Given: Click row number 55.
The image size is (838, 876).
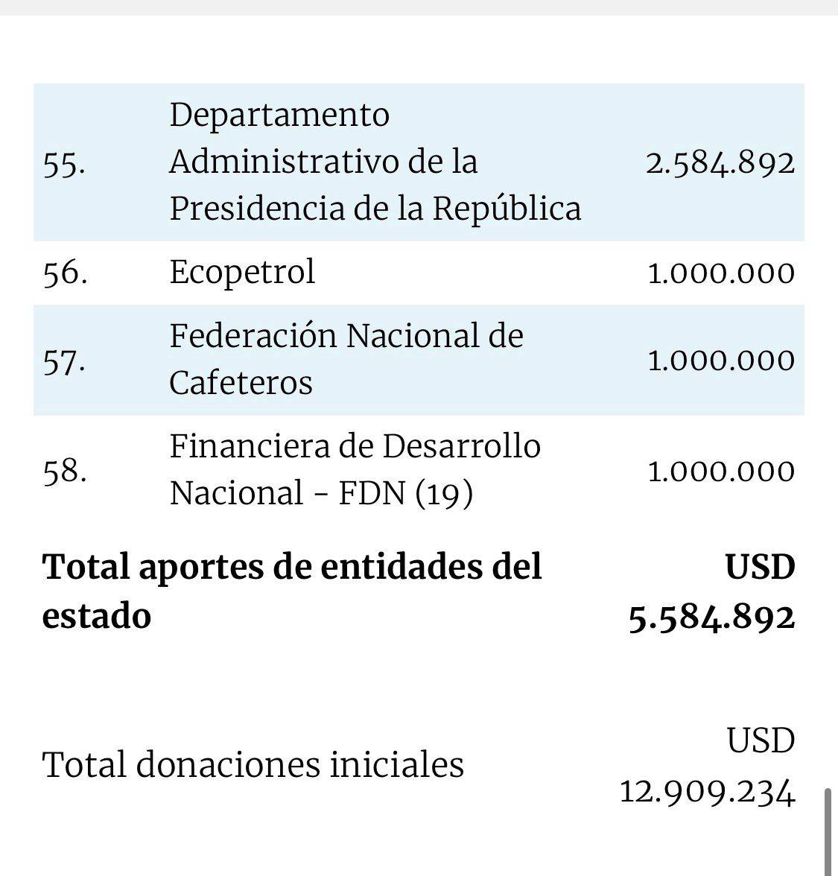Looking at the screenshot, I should click(x=64, y=163).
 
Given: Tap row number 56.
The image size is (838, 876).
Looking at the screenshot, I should click(x=65, y=272).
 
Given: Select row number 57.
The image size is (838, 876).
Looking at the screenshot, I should click(x=64, y=361).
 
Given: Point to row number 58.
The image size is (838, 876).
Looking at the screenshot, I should click(x=65, y=471).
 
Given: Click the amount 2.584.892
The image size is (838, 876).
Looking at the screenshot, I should click(x=720, y=163).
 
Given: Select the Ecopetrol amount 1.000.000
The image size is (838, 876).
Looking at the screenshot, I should click(x=721, y=273).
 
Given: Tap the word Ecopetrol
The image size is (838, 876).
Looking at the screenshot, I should click(x=242, y=272).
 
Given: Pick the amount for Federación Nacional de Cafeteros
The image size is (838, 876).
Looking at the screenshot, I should click(x=721, y=361).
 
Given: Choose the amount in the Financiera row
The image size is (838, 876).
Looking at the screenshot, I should click(x=721, y=472).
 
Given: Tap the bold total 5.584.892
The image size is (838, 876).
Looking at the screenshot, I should click(x=711, y=618).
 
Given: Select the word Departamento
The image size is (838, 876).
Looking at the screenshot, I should click(x=279, y=115).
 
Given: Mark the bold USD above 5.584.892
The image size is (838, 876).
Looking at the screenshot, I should click(x=760, y=568).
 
